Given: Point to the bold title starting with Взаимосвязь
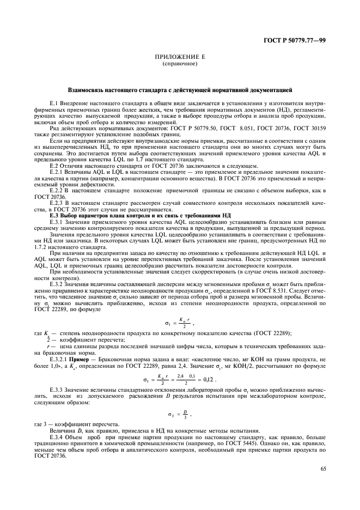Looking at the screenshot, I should tap(180, 88).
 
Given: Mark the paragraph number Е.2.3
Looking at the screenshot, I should tap(57, 201).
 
